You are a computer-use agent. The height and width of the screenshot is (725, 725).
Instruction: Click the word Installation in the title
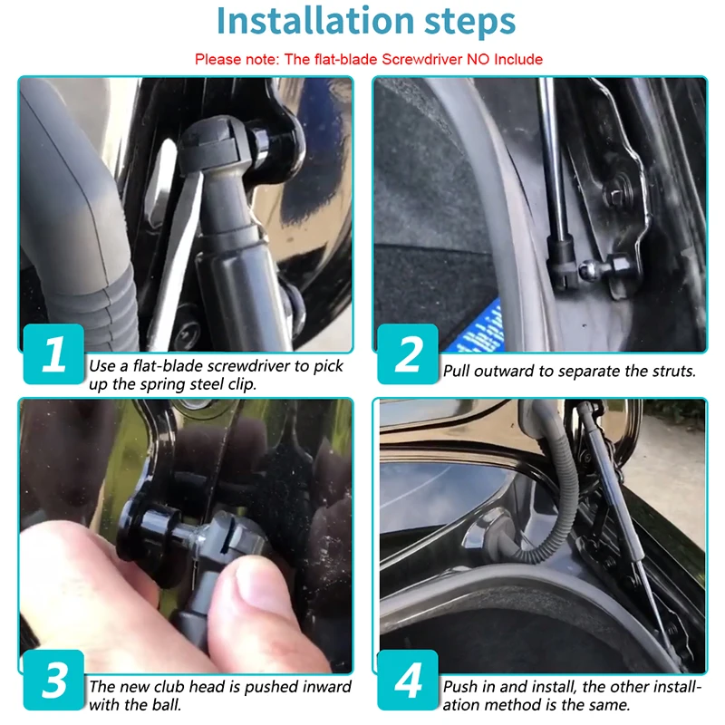[314, 21]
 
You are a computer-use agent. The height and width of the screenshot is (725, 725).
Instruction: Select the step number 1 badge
[53, 353]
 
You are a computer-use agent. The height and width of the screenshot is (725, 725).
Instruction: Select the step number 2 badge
[407, 353]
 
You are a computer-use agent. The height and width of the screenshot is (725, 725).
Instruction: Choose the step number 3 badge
[53, 680]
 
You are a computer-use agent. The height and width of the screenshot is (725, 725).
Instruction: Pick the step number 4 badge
[407, 680]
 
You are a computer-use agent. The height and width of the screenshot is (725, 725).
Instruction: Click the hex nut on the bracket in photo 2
[616, 194]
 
